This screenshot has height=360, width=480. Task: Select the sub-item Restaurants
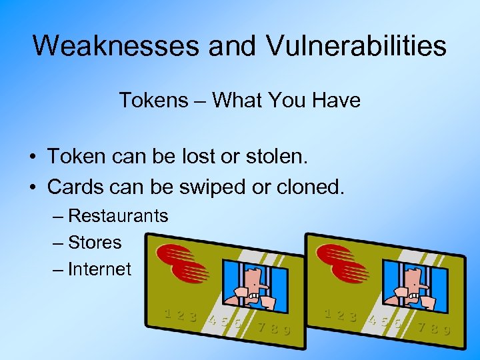click(x=118, y=216)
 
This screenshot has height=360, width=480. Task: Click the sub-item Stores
click(x=95, y=243)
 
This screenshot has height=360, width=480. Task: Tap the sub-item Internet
click(x=100, y=269)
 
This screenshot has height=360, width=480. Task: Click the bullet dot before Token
click(x=31, y=158)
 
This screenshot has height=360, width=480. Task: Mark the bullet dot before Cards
click(x=31, y=188)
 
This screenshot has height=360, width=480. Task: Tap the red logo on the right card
click(x=341, y=261)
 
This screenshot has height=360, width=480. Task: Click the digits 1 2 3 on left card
click(x=181, y=315)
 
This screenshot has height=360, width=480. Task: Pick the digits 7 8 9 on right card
click(x=434, y=327)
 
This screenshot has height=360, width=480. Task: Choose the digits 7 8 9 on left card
click(x=274, y=328)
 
